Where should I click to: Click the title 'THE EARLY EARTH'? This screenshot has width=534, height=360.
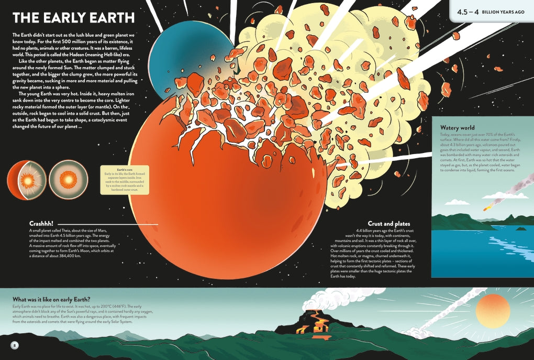tap(73, 18)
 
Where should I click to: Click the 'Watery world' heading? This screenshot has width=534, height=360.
tap(458, 128)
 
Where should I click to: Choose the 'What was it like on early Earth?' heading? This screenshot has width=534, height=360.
tap(51, 300)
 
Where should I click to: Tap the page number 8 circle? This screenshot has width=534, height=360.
tap(15, 345)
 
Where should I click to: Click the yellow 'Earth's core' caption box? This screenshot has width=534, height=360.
tap(125, 180)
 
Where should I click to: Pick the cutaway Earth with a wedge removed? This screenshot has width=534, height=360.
tap(26, 180)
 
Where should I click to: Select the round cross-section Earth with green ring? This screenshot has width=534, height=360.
tap(68, 180)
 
